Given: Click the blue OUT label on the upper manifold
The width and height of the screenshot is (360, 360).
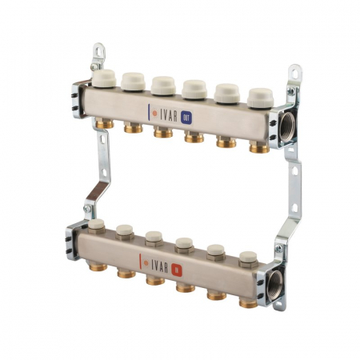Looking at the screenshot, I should point(186,113).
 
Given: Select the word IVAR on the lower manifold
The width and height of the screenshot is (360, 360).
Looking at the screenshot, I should point(156,260).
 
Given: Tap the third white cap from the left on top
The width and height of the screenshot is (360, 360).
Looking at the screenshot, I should point(163,85).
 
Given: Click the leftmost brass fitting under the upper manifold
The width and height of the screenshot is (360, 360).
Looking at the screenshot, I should point(102,124).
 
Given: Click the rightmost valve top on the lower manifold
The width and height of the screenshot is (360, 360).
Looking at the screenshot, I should point(249,257).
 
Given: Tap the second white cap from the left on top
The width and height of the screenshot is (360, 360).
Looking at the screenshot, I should point(132,80).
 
